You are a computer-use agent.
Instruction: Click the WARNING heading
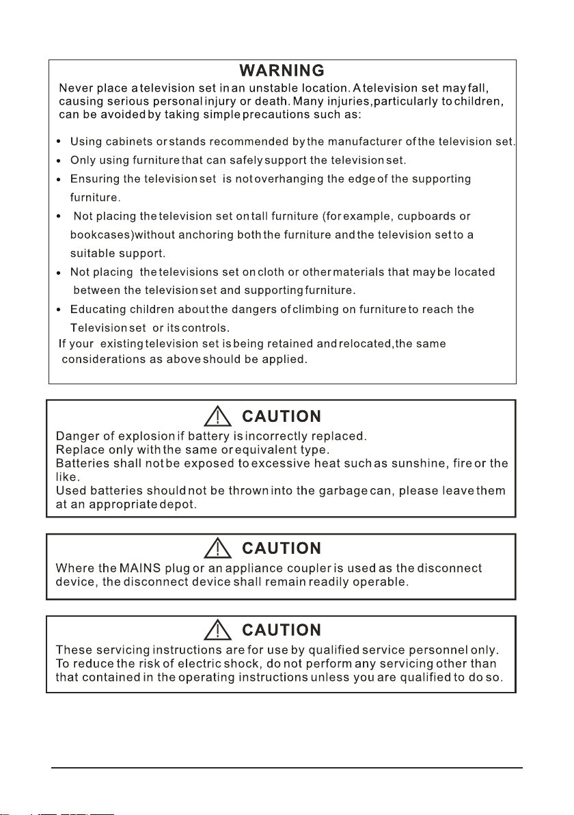[x=280, y=71]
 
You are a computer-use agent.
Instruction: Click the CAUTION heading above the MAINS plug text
[x=282, y=549]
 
